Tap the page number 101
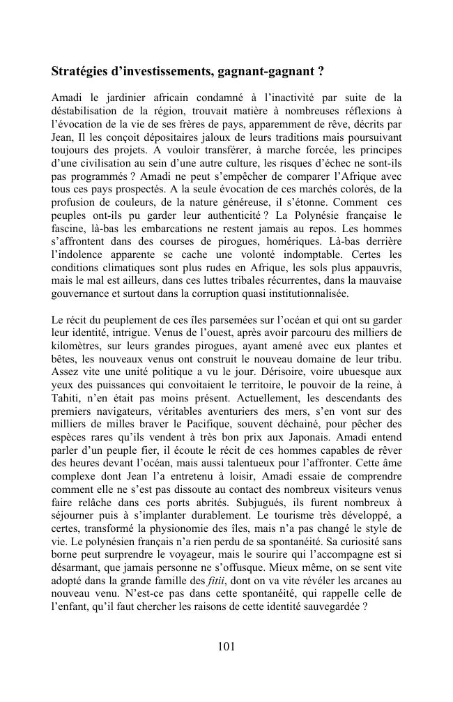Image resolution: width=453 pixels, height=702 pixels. (226, 646)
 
